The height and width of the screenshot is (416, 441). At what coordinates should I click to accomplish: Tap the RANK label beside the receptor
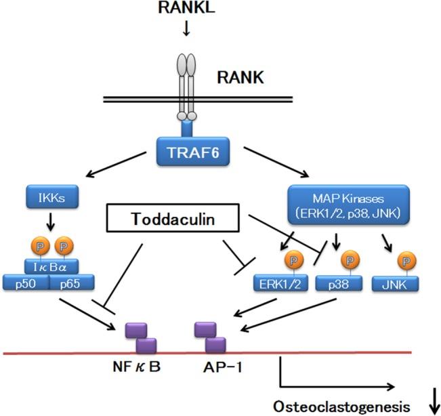click(241, 78)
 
